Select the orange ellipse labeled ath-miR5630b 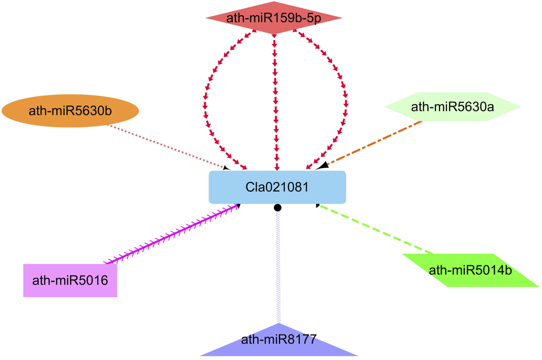point(70,111)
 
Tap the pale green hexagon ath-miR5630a point(452,106)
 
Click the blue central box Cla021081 point(277,187)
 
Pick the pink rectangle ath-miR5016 point(70,280)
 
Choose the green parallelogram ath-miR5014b point(470,271)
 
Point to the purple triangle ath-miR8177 point(279,344)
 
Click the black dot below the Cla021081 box point(278,208)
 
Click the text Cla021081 point(277,187)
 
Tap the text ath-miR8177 point(279,338)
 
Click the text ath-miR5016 point(70,280)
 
